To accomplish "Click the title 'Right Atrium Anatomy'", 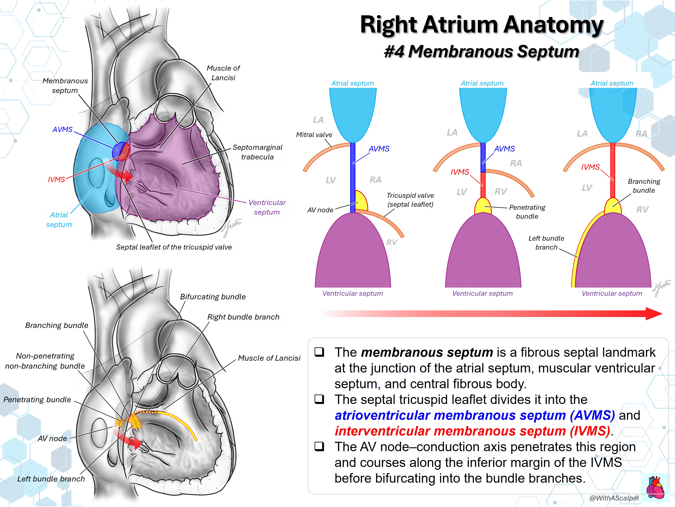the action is coord(482,25).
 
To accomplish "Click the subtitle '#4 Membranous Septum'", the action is coord(482,51).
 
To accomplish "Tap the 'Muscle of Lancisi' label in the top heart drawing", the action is coord(223,73).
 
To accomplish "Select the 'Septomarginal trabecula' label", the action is coord(258,152).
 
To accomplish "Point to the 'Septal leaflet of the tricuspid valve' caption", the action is coord(174,247).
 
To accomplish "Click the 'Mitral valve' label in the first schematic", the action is coord(314,135).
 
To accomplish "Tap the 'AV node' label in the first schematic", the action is coord(320,210).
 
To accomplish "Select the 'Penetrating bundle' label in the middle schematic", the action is coord(527,212).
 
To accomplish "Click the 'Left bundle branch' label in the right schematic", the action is coord(546,243).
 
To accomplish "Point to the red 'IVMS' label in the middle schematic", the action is coord(460,172).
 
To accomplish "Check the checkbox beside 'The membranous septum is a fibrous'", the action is coord(319,352).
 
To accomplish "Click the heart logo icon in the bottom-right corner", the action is coord(656,488).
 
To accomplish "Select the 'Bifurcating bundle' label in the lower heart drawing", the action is coord(213,297).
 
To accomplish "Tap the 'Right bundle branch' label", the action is coord(243,317).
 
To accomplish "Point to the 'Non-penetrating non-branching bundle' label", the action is coord(45,361).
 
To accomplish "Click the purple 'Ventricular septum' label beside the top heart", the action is coord(267,207).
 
